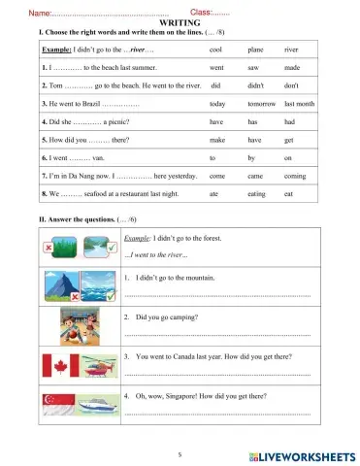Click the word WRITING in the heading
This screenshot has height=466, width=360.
click(180, 21)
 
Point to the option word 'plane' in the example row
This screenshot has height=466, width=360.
click(257, 47)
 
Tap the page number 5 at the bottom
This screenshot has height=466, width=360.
click(180, 453)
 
